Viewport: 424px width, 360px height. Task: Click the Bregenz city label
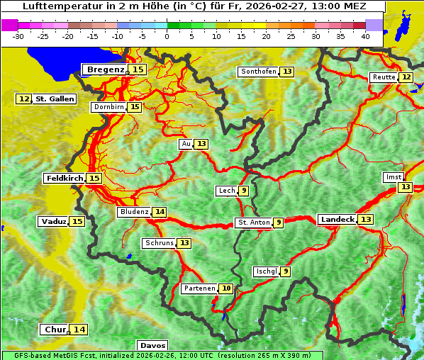tap(105, 69)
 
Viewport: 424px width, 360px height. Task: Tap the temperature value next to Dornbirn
tap(135, 107)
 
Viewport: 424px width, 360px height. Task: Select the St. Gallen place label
tap(55, 99)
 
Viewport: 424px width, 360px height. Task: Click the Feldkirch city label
tap(65, 179)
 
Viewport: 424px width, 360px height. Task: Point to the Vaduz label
tap(53, 222)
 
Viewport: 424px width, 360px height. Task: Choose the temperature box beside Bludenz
tap(160, 212)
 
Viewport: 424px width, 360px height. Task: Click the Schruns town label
tap(159, 243)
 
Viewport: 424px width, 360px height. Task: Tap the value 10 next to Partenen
tap(226, 288)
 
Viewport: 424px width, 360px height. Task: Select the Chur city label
tap(55, 330)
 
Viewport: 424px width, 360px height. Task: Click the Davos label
tap(152, 346)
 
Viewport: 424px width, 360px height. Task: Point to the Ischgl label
tap(266, 271)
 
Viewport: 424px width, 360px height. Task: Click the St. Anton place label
tap(254, 223)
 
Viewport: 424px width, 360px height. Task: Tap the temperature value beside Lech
tap(244, 191)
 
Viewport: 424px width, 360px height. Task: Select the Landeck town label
tap(337, 220)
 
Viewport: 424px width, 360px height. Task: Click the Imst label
tap(392, 176)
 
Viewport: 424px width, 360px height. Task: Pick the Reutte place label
tap(384, 77)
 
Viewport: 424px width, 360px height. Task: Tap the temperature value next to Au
tap(202, 144)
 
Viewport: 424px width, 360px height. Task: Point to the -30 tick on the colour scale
tap(18, 35)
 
